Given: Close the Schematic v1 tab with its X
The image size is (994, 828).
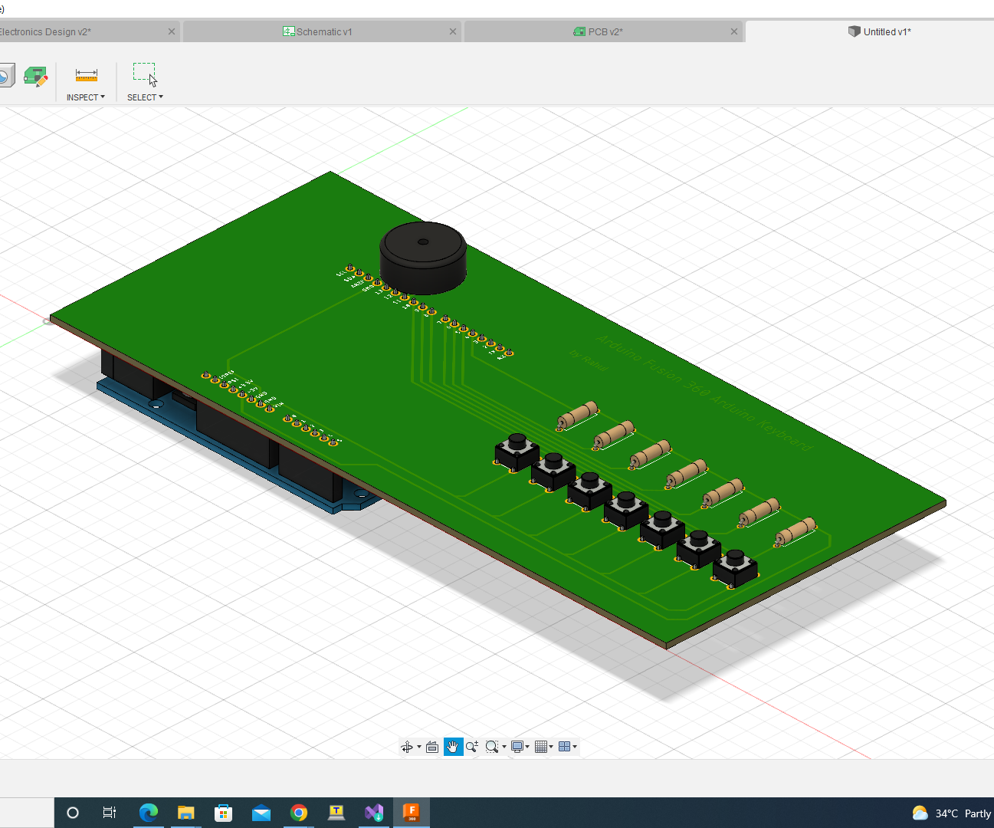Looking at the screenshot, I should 453,31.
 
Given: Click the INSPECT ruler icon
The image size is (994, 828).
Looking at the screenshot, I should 87,75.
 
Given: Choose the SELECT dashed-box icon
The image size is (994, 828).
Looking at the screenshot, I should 144,74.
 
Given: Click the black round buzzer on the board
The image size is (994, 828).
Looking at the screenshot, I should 423,258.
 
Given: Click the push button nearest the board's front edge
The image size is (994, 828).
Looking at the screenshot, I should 735,567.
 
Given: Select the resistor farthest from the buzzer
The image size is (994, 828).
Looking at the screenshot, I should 796,531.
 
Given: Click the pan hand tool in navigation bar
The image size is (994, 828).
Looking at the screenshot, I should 453,747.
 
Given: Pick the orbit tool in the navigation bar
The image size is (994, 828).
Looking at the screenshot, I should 408,747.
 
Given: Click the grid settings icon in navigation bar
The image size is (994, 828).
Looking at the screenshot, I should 542,747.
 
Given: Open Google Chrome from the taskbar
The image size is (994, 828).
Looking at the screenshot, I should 299,813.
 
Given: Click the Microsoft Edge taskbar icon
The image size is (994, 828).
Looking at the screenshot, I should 149,813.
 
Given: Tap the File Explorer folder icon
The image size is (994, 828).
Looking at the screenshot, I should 186,813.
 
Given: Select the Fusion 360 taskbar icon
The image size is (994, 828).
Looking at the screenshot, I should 412,813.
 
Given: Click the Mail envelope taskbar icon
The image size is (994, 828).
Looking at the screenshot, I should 261,813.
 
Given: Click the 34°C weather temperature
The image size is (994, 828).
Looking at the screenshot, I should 946,813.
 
